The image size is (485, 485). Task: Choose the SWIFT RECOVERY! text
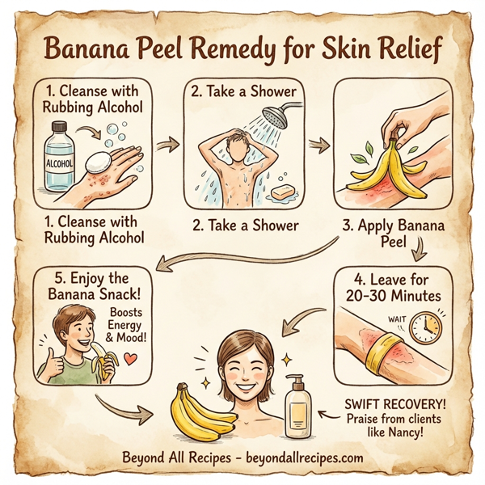point(391,403)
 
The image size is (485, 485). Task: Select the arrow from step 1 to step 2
point(168,145)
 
